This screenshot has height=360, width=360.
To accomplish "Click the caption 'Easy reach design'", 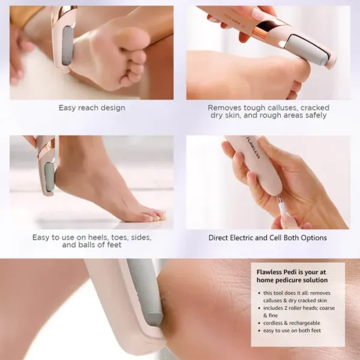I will click(x=91, y=108).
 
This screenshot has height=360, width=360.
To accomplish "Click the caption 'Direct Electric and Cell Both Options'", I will click(x=268, y=238).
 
